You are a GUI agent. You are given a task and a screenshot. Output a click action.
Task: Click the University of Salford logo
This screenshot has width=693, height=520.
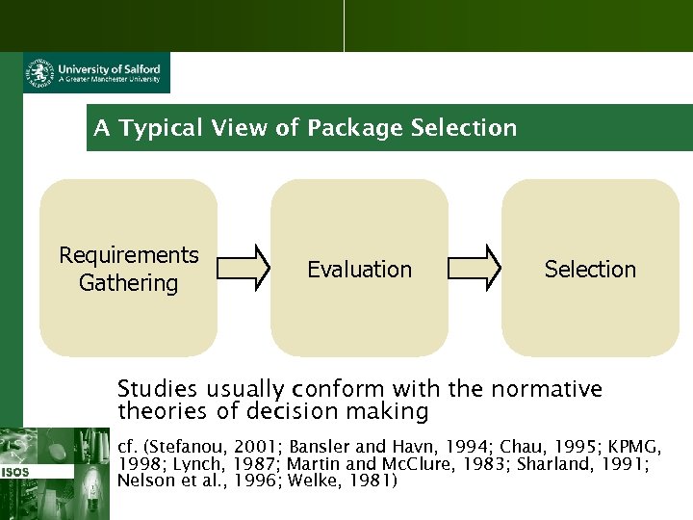96,73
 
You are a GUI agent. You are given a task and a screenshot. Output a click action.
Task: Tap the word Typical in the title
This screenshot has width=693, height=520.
161,128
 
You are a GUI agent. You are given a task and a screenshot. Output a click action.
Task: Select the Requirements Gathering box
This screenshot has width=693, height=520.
128,268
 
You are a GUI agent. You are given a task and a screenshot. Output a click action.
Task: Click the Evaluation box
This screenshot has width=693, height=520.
359,268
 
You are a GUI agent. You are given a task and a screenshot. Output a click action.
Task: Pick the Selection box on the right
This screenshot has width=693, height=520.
590,268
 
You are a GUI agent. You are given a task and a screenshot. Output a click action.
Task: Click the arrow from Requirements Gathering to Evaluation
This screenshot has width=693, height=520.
244,268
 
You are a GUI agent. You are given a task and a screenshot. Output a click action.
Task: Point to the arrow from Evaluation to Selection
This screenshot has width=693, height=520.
475,268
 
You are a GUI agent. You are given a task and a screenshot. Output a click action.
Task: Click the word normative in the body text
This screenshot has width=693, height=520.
546,389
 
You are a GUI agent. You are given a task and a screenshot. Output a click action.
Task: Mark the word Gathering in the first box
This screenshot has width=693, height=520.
128,283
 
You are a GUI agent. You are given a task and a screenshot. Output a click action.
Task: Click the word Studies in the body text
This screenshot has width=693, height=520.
154,389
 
